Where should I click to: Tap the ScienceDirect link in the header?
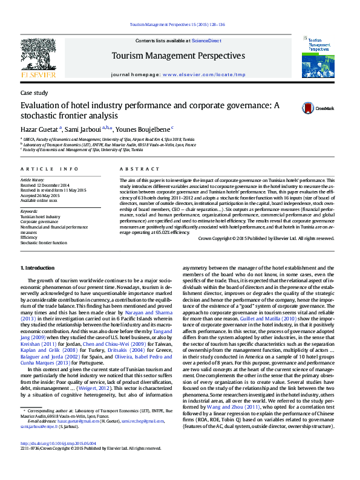point(206,40)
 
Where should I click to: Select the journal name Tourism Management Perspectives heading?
point(178,56)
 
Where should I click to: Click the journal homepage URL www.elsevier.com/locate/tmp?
point(204,75)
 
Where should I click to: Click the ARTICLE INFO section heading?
point(50,169)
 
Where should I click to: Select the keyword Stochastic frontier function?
point(44,242)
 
